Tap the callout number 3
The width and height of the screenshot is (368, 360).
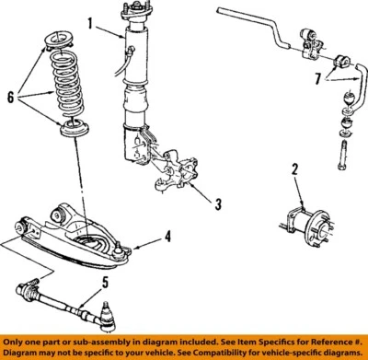pos(218,203)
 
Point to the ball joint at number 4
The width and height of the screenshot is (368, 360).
pos(122,248)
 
